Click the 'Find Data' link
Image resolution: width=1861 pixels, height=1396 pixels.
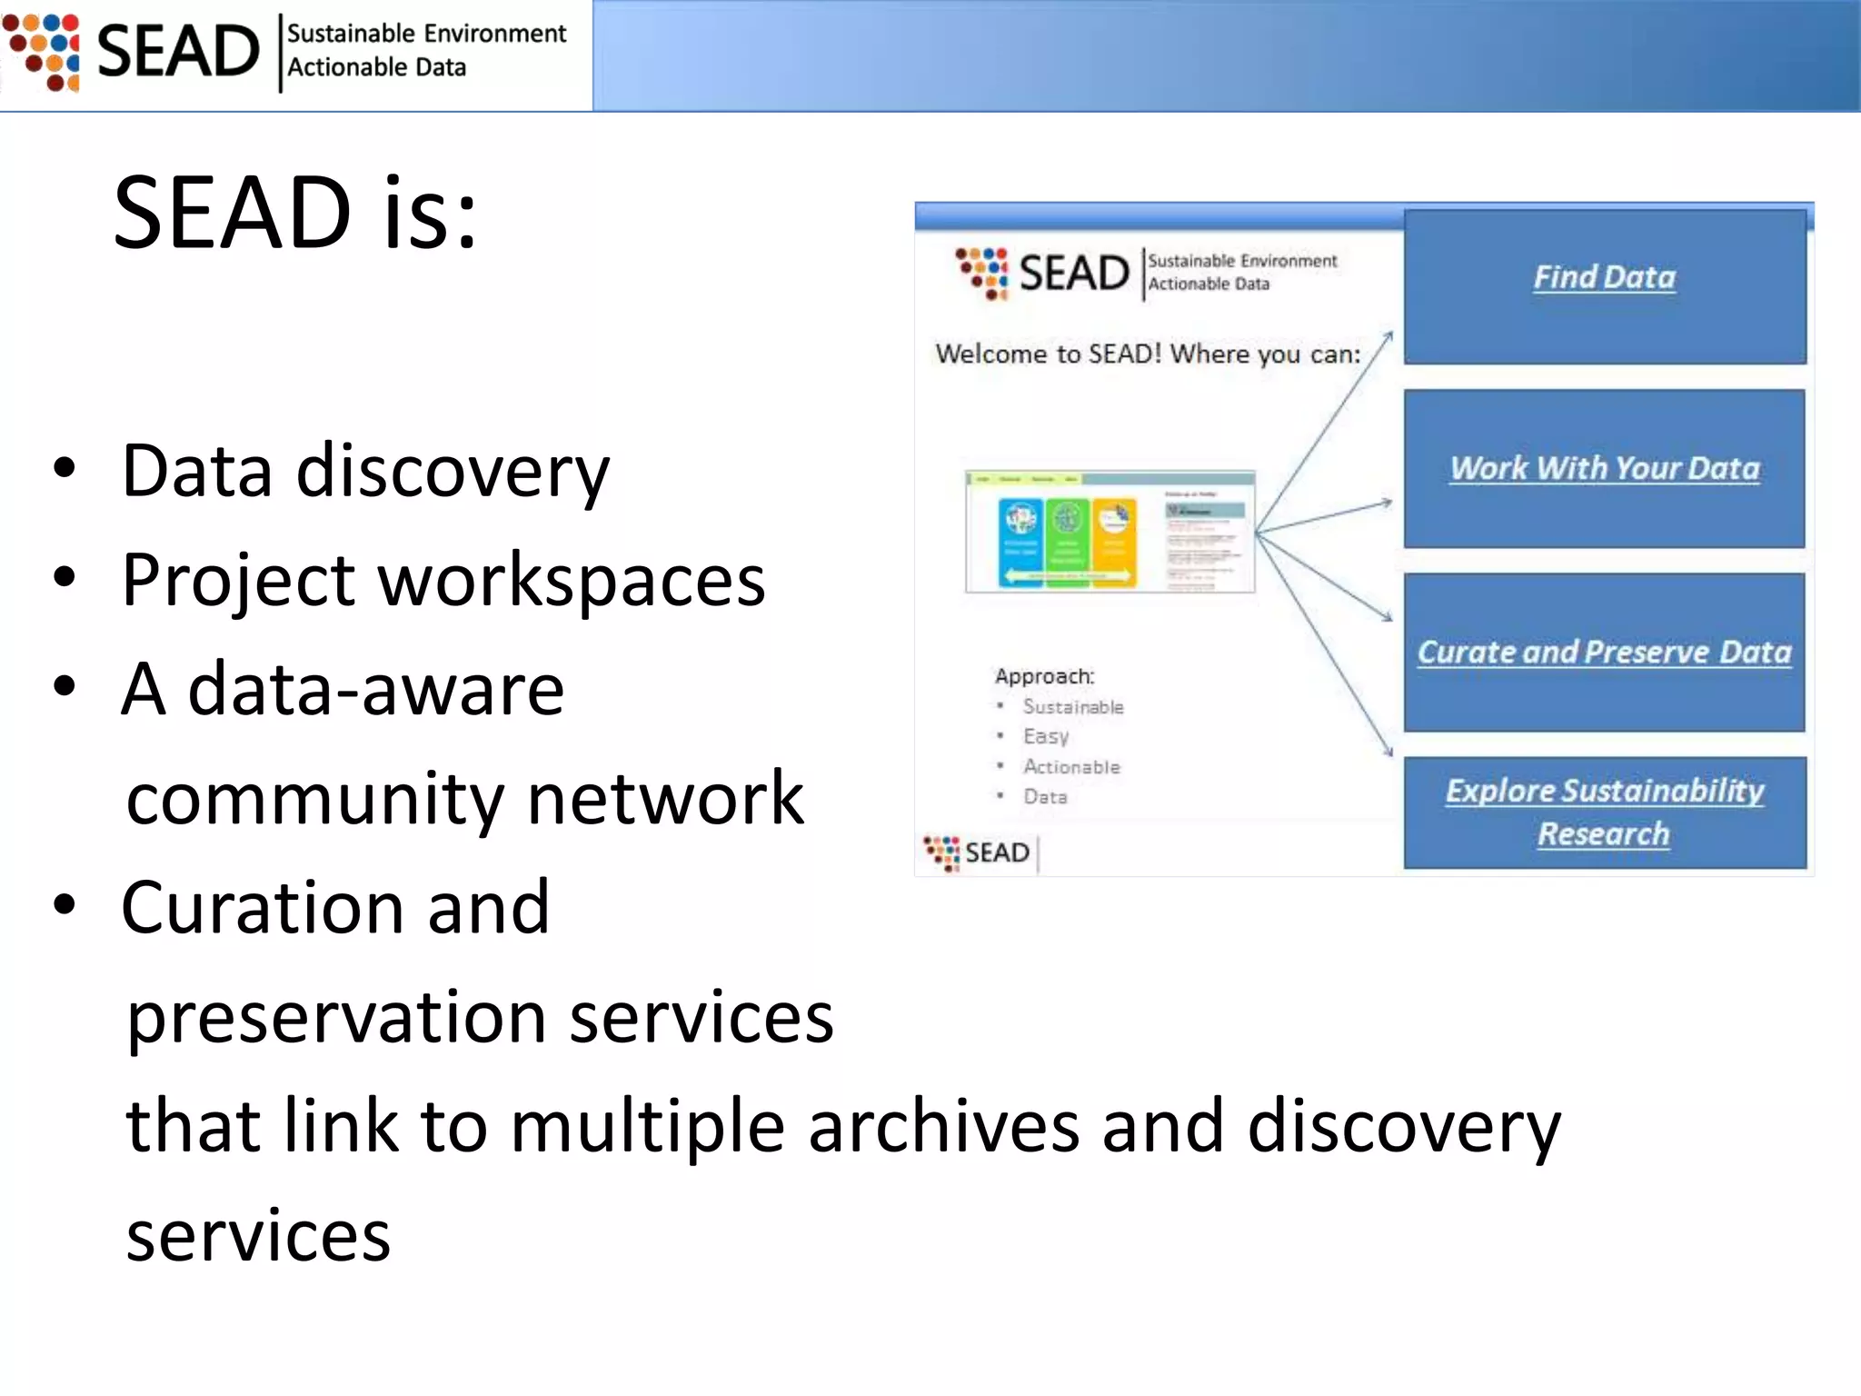(x=1604, y=277)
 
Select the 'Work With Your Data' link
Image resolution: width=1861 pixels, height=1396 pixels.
(x=1604, y=468)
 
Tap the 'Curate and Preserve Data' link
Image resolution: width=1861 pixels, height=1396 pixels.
(x=1604, y=652)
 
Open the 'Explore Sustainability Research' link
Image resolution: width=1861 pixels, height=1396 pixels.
(x=1604, y=812)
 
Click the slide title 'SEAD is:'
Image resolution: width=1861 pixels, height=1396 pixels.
(x=295, y=214)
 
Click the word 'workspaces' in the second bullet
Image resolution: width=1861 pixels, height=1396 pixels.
(x=571, y=582)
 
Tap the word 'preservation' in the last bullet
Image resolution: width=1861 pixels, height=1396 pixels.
(x=336, y=1018)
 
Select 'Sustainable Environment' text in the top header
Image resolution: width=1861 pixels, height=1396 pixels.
(x=426, y=34)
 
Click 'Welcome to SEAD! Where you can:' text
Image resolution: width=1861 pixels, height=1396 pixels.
(x=1148, y=354)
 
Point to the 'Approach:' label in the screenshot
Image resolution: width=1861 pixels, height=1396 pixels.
(x=1044, y=676)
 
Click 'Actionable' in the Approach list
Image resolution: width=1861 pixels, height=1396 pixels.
(x=1071, y=767)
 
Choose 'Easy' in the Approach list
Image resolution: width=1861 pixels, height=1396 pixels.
(x=1045, y=736)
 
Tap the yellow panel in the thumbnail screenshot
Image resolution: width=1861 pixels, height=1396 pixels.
(x=1114, y=542)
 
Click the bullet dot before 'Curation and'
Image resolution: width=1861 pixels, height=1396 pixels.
(x=65, y=905)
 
